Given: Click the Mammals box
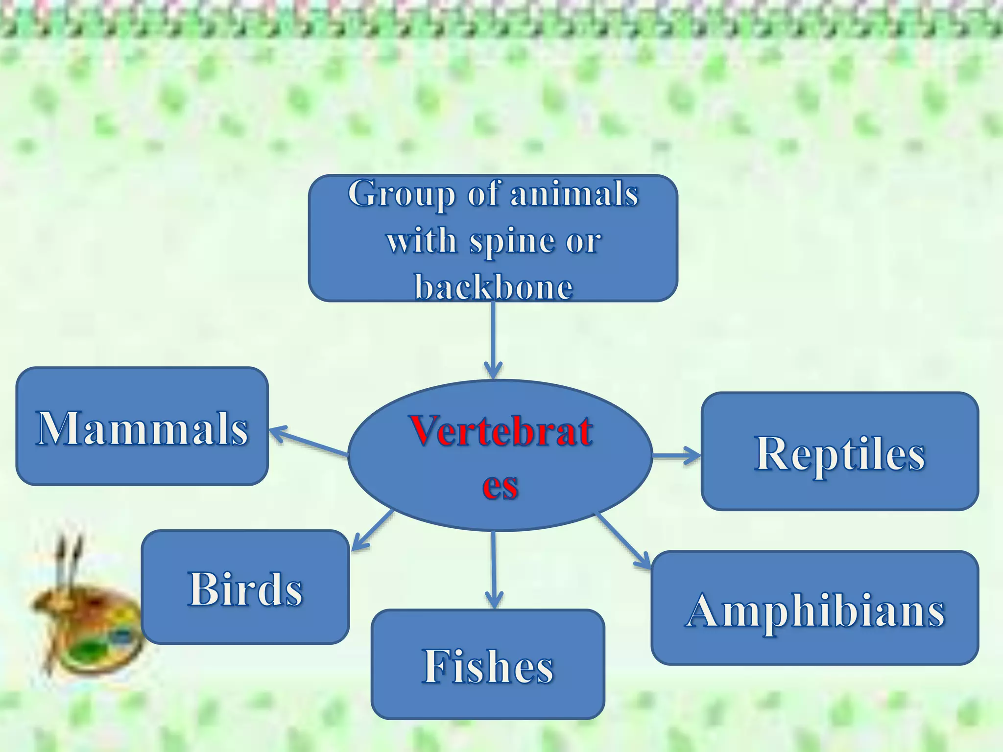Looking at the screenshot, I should [x=142, y=426].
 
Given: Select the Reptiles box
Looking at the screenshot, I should [x=839, y=451].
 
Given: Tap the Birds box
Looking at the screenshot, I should [x=245, y=587].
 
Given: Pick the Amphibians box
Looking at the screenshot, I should [x=814, y=608].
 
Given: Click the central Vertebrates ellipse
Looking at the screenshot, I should [x=500, y=455].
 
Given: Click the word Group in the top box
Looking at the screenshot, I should [x=401, y=194].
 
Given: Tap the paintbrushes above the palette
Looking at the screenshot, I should [x=69, y=563].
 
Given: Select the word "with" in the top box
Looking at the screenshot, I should [x=421, y=241].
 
